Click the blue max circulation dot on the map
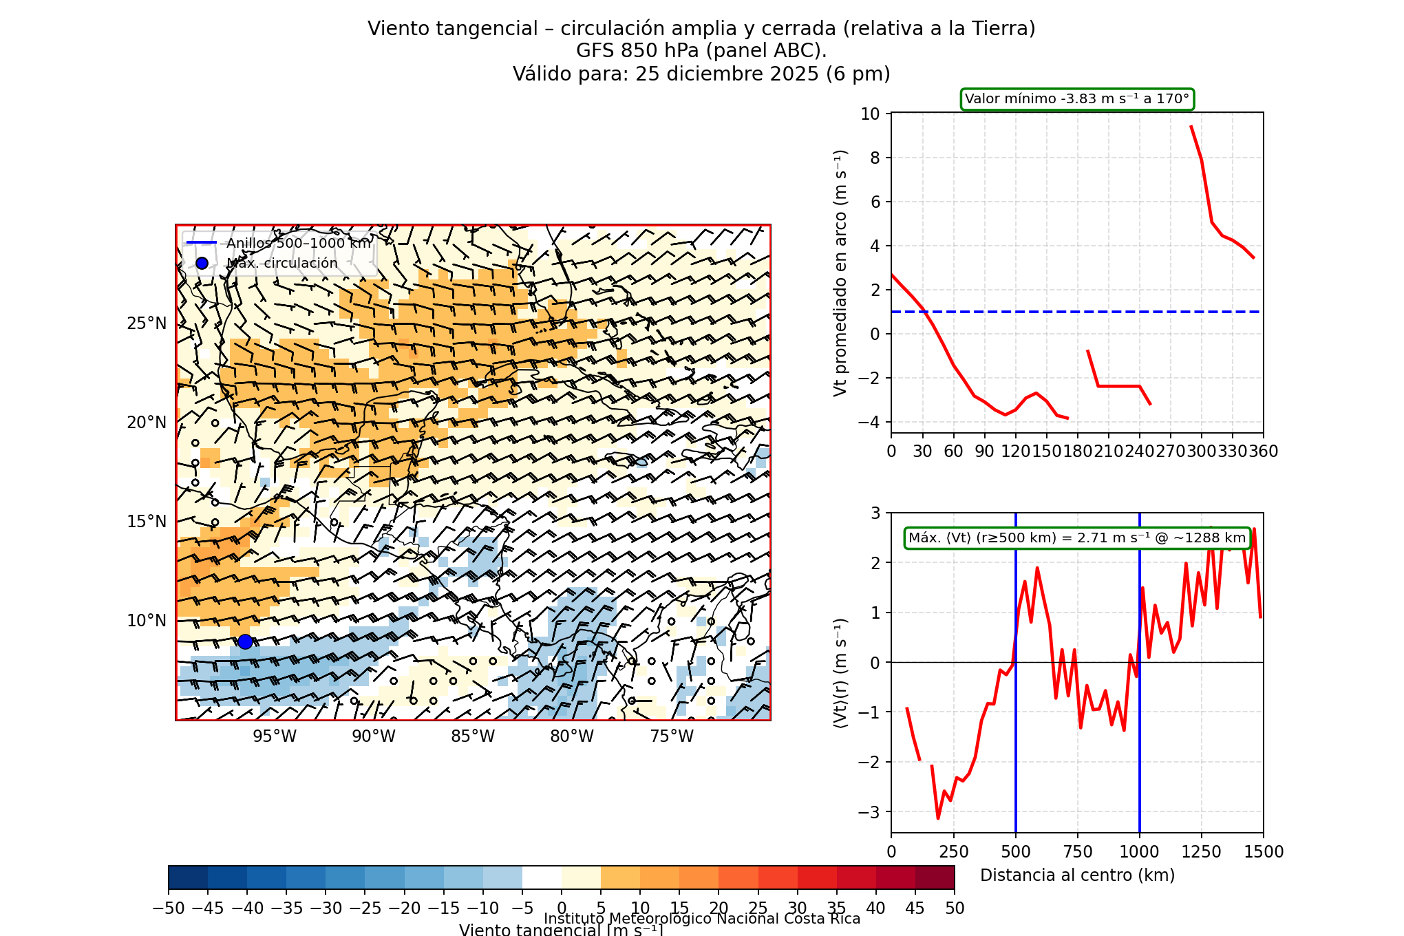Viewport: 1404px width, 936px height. click(245, 641)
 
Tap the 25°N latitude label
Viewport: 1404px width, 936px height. click(147, 323)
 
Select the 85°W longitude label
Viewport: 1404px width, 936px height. click(473, 736)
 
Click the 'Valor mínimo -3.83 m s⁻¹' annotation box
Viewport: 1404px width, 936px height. click(1077, 99)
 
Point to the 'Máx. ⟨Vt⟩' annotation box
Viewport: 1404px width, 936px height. click(1077, 538)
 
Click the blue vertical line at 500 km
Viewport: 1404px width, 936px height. click(1016, 757)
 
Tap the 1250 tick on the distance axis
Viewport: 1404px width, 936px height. click(1202, 852)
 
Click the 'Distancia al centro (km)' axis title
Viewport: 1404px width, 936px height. click(1077, 875)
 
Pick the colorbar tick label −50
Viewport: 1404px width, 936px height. click(169, 908)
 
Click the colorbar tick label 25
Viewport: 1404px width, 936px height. click(758, 908)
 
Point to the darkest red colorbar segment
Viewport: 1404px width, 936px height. click(935, 877)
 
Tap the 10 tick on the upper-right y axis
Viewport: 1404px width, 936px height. click(871, 114)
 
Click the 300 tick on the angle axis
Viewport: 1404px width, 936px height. click(1202, 451)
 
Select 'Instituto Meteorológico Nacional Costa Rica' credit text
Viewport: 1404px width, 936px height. click(702, 919)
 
